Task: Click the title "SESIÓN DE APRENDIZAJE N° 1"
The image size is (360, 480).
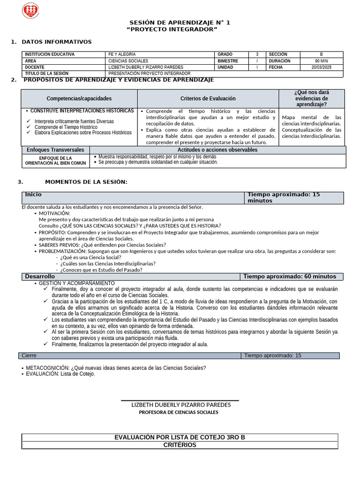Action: click(180, 23)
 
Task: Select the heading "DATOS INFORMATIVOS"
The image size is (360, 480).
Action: click(57, 42)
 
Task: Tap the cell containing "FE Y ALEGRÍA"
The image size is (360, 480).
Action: click(122, 54)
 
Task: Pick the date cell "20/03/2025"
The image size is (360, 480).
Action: click(321, 67)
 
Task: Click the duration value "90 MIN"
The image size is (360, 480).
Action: click(321, 61)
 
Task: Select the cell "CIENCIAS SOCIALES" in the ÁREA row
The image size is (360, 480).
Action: click(128, 61)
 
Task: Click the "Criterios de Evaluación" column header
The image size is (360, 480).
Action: click(208, 98)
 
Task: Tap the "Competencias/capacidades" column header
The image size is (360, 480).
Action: click(79, 98)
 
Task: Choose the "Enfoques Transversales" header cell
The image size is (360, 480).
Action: click(55, 150)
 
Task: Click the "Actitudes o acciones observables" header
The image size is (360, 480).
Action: click(217, 150)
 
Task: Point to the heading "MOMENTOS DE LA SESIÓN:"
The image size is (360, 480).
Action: click(86, 182)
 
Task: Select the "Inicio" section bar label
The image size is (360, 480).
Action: click(33, 195)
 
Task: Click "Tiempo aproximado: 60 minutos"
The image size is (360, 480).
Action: click(289, 277)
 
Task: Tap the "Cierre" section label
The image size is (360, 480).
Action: click(29, 356)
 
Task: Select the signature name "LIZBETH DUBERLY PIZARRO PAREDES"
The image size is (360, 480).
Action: click(181, 405)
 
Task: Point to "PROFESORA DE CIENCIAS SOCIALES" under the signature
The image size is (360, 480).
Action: click(179, 412)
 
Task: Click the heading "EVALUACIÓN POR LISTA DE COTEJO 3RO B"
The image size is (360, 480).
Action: click(180, 437)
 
